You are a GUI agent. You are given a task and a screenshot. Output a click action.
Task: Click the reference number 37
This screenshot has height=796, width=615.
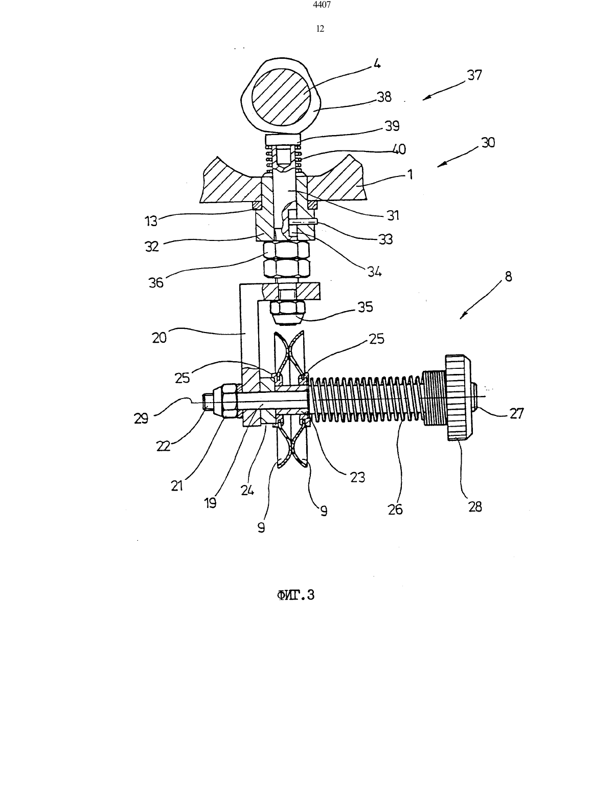pos(474,75)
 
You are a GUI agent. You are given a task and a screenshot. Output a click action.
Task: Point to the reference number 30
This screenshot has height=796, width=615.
pos(488,142)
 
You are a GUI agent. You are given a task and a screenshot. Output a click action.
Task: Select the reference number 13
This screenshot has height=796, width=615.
pos(150,221)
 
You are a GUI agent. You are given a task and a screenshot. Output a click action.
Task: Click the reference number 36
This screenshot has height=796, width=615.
pos(156,282)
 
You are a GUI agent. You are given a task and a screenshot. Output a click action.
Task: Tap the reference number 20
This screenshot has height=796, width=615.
pos(159,337)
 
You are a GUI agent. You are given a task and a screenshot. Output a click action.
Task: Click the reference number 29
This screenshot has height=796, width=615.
pos(141,418)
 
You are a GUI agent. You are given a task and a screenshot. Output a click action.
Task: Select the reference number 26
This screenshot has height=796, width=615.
pos(395,509)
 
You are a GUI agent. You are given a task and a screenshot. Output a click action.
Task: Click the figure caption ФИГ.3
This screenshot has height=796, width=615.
pos(296,595)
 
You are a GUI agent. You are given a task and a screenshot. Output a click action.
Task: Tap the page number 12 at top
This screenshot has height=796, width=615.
pos(321,29)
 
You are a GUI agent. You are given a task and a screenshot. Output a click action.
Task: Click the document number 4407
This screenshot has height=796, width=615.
pos(322,5)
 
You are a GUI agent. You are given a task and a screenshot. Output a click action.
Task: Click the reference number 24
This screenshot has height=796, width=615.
pos(247,490)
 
